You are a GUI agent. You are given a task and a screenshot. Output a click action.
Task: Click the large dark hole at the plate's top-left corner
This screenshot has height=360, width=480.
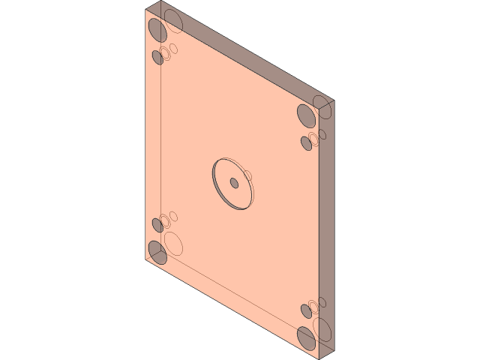(157, 30)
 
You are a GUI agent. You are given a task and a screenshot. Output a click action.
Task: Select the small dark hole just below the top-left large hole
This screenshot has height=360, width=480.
(157, 57)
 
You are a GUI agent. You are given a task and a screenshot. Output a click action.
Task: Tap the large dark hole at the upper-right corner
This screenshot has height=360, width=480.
(305, 115)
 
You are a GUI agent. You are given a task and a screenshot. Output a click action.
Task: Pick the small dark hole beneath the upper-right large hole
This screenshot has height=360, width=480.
(306, 142)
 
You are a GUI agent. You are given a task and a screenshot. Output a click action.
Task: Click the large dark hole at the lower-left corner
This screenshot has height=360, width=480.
(157, 252)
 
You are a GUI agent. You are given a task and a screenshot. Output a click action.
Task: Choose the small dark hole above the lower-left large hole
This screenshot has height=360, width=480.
(157, 224)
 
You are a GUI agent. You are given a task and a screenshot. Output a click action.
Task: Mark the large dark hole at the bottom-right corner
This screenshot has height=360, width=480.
(306, 337)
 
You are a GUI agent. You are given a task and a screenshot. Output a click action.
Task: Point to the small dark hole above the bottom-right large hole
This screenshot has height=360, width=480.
(306, 310)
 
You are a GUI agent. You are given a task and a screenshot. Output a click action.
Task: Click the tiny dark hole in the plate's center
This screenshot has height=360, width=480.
(234, 183)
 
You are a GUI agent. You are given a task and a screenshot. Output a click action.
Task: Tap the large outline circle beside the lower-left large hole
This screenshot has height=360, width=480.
(175, 243)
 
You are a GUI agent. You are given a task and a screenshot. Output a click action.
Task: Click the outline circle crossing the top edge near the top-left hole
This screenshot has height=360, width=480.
(175, 24)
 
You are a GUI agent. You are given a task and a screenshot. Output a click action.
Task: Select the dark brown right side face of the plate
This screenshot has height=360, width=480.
(327, 225)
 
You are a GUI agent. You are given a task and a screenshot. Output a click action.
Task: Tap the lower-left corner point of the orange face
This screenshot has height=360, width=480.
(145, 260)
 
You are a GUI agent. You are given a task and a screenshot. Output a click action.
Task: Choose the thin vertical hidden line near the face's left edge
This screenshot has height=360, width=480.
(161, 150)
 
